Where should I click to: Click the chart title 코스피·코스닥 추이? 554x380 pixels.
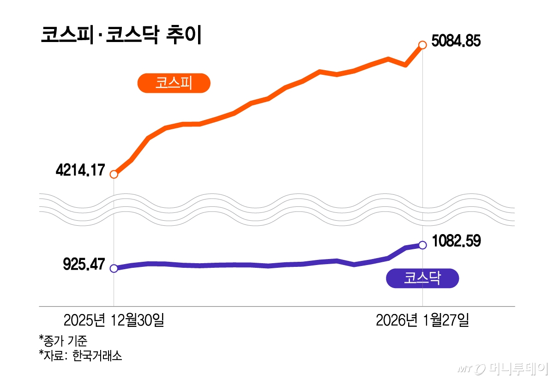(121, 36)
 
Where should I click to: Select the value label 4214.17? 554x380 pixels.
(80, 170)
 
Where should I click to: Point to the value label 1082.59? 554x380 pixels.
(457, 241)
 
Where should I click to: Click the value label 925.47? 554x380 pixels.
(84, 265)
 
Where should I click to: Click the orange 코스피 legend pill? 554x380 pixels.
(174, 84)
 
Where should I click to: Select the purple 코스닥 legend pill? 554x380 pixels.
(422, 278)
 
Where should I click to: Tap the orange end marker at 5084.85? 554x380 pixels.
(422, 45)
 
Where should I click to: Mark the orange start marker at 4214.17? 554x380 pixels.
(114, 174)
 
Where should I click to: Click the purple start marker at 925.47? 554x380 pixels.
(114, 268)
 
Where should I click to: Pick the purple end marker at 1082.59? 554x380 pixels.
(422, 245)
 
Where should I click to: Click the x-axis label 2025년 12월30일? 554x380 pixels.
(114, 320)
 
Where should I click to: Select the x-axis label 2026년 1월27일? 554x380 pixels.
(422, 320)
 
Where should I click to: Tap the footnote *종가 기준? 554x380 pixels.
(63, 341)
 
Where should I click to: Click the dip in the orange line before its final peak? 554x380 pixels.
(405, 65)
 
